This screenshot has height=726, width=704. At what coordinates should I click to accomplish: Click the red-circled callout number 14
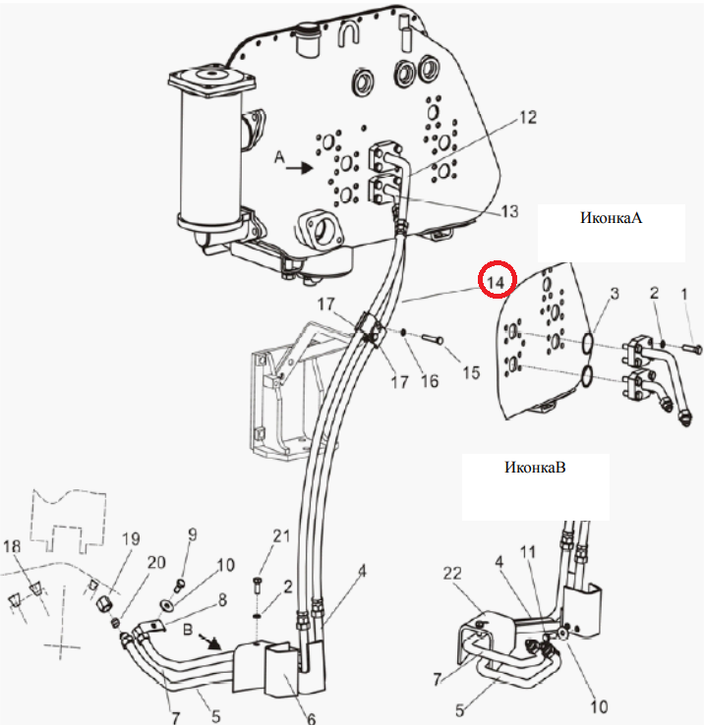(x=496, y=282)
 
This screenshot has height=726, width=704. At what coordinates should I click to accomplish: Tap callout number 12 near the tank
(x=528, y=117)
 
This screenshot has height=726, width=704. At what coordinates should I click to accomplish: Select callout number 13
(x=509, y=211)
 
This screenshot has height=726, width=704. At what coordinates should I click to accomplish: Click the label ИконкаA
(x=611, y=218)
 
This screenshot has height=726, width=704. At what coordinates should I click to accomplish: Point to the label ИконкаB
(x=535, y=467)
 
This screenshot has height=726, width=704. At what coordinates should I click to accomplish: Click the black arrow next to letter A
(x=299, y=167)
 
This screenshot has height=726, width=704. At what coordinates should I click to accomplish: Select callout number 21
(x=281, y=535)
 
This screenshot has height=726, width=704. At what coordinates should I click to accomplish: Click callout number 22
(x=452, y=573)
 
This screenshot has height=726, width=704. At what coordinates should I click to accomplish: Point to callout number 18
(x=12, y=546)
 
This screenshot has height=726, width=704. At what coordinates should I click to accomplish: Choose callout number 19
(x=131, y=538)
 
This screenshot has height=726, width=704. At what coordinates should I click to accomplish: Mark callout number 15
(x=471, y=372)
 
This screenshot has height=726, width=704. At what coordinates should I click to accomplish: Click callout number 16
(x=429, y=380)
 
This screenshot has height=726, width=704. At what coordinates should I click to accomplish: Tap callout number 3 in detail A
(x=615, y=293)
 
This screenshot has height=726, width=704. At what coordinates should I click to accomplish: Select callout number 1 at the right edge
(x=684, y=294)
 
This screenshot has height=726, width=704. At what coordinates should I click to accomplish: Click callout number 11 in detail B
(x=527, y=551)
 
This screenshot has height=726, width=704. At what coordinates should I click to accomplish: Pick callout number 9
(x=192, y=534)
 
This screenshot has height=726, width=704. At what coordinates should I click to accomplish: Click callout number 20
(x=156, y=562)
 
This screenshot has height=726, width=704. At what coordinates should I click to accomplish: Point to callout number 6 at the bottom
(x=311, y=718)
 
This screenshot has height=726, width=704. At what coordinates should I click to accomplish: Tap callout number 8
(x=222, y=599)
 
